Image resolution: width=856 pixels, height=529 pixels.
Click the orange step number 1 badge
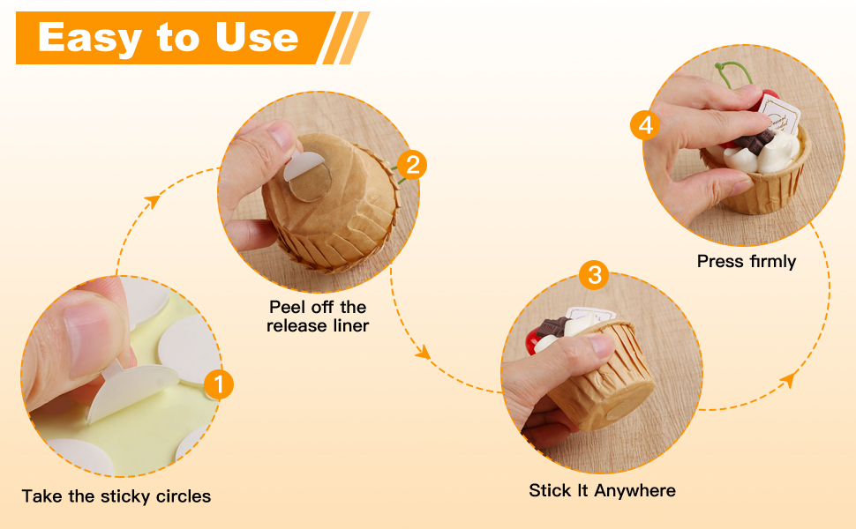click(x=219, y=384)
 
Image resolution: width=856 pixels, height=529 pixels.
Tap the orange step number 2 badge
click(x=412, y=165)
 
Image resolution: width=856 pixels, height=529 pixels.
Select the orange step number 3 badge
click(x=595, y=274)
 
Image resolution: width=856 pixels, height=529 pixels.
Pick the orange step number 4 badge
click(x=645, y=125)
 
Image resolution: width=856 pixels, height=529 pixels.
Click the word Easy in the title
click(x=89, y=38)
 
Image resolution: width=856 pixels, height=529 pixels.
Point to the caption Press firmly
click(x=747, y=261)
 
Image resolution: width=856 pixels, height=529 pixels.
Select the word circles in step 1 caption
click(x=184, y=496)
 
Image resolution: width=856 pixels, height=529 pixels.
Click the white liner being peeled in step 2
click(x=303, y=166)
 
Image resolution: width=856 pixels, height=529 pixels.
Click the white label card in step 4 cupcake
click(x=779, y=114)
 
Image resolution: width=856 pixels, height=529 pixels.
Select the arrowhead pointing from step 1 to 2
click(x=152, y=201)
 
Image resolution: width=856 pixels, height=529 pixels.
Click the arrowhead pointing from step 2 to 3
click(x=423, y=353)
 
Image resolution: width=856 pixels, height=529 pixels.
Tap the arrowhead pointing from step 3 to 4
click(x=787, y=380)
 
